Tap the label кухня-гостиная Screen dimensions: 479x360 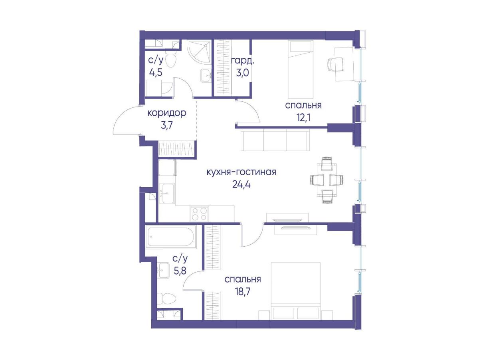(x=241, y=172)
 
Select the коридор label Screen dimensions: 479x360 (x=167, y=113)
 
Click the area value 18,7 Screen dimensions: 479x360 (x=242, y=291)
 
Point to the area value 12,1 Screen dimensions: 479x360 (x=303, y=118)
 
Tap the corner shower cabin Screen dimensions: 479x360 (x=199, y=52)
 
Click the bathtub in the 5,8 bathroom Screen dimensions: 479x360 (x=171, y=237)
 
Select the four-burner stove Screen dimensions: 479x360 (x=199, y=214)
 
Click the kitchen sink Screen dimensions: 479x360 (x=167, y=193)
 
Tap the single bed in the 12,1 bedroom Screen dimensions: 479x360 (x=300, y=69)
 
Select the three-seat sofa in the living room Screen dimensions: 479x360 (x=275, y=139)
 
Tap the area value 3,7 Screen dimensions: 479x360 (x=167, y=126)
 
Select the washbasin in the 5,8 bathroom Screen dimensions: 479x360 (x=163, y=270)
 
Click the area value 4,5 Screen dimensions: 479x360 (x=156, y=72)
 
